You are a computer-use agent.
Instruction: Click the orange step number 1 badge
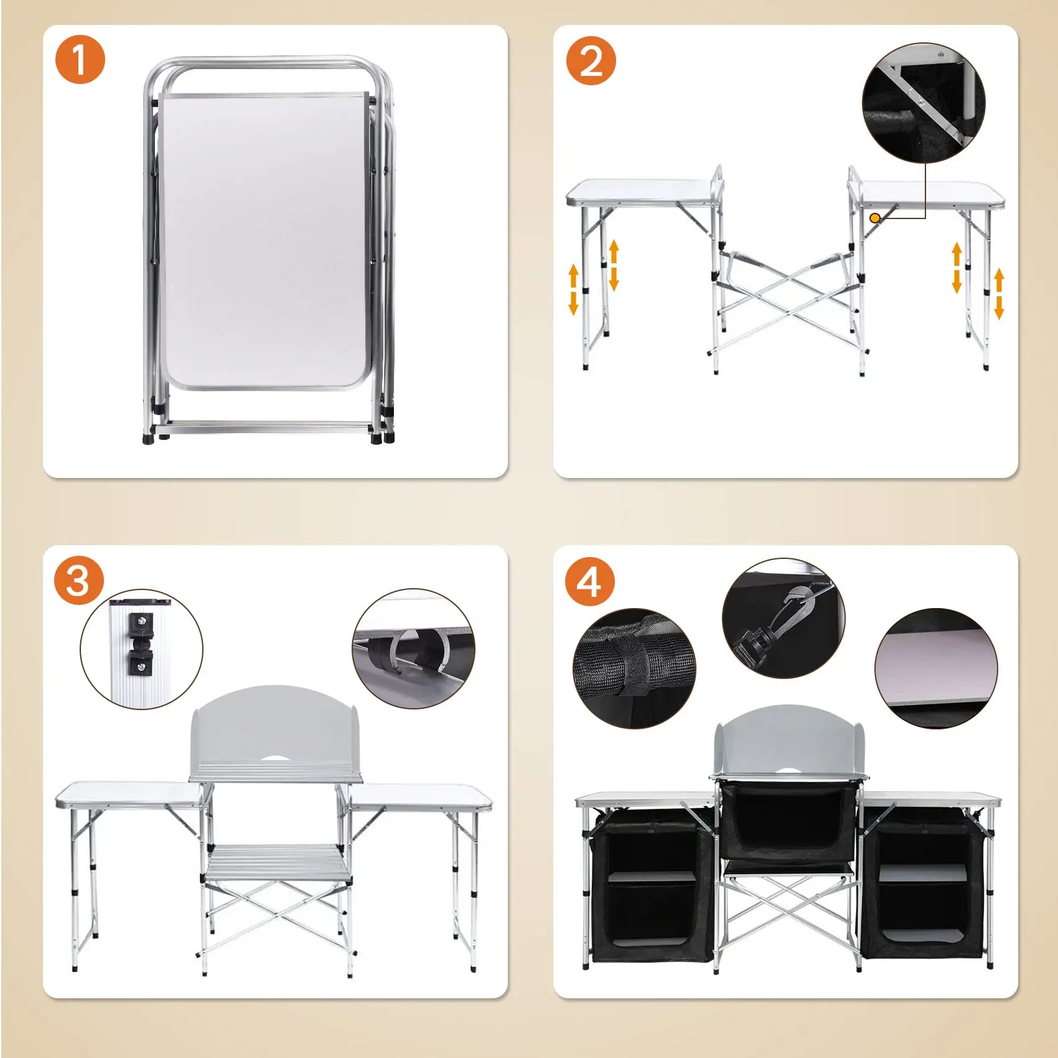click(x=80, y=59)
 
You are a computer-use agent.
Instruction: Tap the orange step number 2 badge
click(x=591, y=60)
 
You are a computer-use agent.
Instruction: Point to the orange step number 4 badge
click(x=590, y=583)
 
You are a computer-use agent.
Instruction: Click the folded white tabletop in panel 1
click(x=265, y=241)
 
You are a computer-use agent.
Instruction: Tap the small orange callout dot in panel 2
click(x=875, y=218)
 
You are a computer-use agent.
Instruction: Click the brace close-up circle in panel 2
click(x=924, y=102)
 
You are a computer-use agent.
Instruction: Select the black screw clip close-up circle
click(x=142, y=649)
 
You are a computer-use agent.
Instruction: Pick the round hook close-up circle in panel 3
click(x=414, y=648)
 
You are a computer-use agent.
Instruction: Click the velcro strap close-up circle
click(x=634, y=668)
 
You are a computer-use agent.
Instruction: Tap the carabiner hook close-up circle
click(x=784, y=618)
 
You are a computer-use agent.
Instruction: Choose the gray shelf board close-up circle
click(x=936, y=668)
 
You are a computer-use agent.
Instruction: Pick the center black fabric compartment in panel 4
click(x=788, y=820)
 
